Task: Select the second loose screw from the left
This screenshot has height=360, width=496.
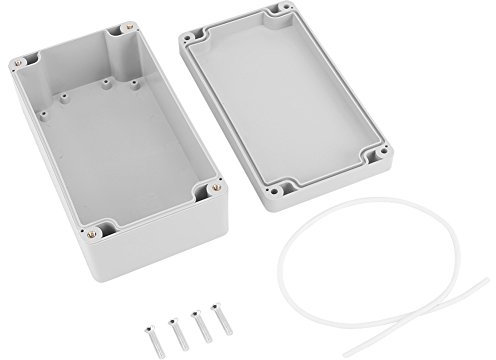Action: [x=175, y=325]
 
